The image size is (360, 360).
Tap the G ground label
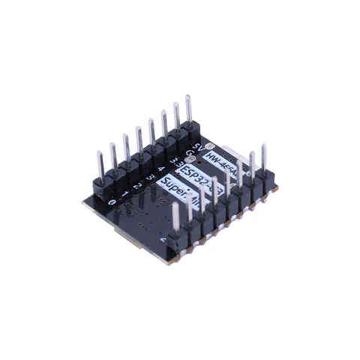pyautogui.click(x=188, y=152)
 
